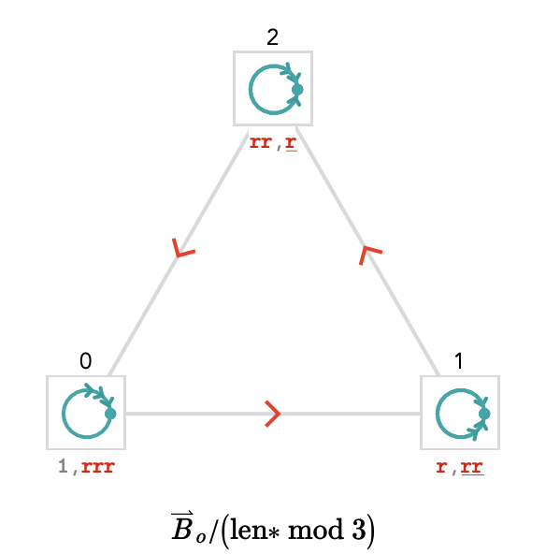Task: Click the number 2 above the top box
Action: click(x=272, y=37)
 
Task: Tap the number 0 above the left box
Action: click(x=86, y=361)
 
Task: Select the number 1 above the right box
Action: click(x=459, y=361)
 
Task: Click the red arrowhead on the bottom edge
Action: click(x=272, y=414)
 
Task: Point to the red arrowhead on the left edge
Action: click(x=183, y=248)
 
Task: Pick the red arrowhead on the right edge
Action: click(x=370, y=255)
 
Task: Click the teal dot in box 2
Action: click(x=297, y=90)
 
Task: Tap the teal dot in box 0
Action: click(x=110, y=414)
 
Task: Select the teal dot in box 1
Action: click(x=484, y=414)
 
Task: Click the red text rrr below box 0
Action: click(x=98, y=467)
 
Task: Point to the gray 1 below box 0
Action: click(x=63, y=466)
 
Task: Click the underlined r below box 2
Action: click(x=291, y=142)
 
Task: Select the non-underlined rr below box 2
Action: click(x=261, y=142)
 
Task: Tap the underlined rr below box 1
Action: click(x=472, y=467)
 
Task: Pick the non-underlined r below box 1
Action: click(x=441, y=467)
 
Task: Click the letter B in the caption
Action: click(x=182, y=527)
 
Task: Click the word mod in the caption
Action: click(x=316, y=530)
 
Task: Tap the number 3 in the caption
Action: click(x=358, y=530)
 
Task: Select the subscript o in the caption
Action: click(x=201, y=537)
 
